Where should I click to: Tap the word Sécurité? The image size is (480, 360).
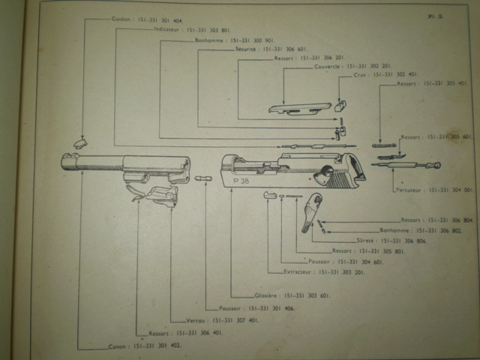246,47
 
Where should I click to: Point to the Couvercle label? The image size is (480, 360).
328,66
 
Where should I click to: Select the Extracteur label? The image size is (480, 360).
298,271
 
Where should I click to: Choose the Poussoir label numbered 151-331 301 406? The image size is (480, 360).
222,307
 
